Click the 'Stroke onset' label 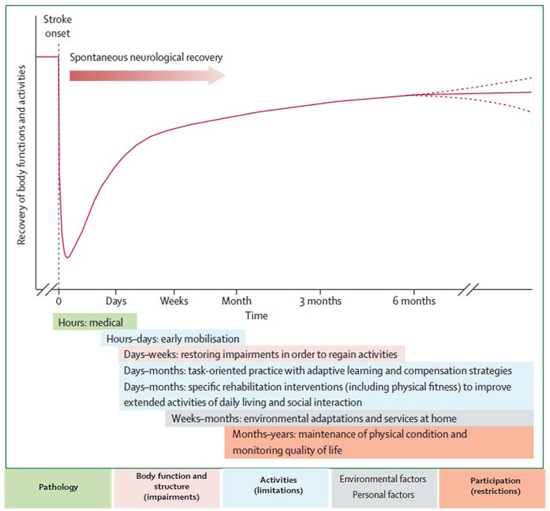point(57,26)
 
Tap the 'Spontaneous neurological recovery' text point(146,57)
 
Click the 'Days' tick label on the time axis point(116,301)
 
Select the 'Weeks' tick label point(174,301)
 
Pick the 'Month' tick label point(236,301)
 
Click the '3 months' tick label point(320,301)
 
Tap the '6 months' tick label point(414,301)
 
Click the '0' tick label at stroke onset point(59,301)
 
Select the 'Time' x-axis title point(256,315)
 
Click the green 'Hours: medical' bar point(95,322)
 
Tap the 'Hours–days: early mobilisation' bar point(173,339)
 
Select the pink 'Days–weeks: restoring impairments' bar point(261,355)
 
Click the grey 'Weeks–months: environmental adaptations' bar point(349,418)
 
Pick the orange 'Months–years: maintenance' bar point(379,442)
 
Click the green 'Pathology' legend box point(58,487)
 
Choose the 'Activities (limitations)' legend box point(278,485)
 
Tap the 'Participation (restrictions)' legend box point(495,486)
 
